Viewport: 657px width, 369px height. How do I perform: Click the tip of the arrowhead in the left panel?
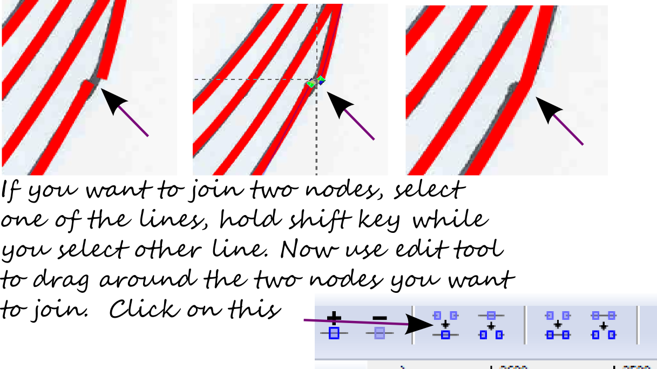click(x=101, y=89)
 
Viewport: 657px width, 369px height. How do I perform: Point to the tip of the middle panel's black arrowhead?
click(x=327, y=92)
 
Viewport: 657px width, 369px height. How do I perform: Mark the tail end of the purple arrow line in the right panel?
click(x=583, y=144)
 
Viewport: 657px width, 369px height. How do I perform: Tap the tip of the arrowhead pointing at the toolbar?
click(x=433, y=324)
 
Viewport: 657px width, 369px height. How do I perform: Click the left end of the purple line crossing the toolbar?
click(x=304, y=320)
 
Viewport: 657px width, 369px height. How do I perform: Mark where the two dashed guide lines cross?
click(x=316, y=79)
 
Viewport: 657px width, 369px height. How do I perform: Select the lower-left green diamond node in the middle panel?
click(x=310, y=84)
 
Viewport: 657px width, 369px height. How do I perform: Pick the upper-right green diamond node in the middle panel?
click(x=321, y=79)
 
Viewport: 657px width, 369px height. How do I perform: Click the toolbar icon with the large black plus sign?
click(x=334, y=326)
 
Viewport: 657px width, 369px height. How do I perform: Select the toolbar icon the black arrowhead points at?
click(x=445, y=325)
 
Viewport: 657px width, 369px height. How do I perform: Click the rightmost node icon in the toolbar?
click(x=604, y=325)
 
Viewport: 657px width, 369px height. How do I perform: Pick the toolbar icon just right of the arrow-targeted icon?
click(x=491, y=325)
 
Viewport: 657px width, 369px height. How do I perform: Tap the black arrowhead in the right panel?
click(x=549, y=110)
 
